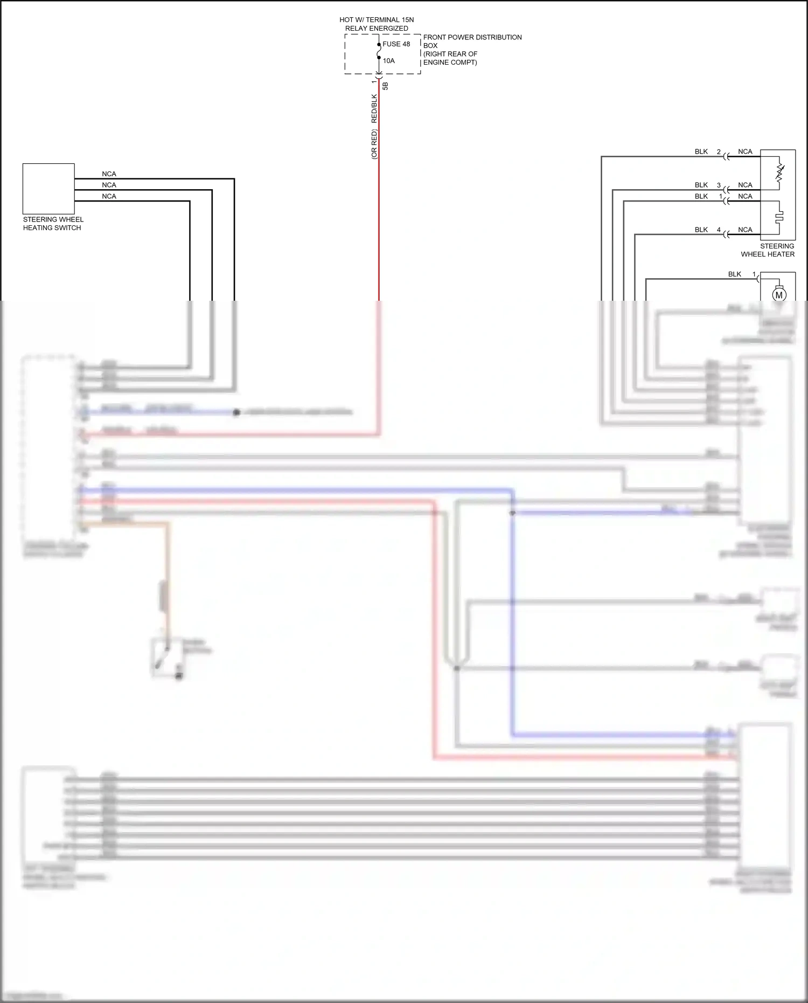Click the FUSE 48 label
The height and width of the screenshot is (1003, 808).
396,44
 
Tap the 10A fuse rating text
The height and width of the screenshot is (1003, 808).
388,61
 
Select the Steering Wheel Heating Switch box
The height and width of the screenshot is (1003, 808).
48,189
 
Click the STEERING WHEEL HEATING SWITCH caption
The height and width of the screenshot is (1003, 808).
53,224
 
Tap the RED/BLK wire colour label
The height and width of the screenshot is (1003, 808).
374,108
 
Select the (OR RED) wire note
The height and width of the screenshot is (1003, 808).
374,144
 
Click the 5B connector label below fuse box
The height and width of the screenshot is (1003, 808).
385,86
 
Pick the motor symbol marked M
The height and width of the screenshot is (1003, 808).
779,295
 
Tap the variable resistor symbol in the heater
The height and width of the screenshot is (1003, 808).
779,172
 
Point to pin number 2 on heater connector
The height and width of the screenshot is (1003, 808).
719,152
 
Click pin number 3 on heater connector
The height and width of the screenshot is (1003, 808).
719,185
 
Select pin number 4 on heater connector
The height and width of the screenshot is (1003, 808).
719,230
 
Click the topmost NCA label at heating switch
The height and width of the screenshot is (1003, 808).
109,174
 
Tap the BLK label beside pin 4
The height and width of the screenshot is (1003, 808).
701,230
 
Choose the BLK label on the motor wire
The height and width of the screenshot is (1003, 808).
734,274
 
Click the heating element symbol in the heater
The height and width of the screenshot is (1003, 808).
779,217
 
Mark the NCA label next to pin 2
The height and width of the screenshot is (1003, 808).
745,152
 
